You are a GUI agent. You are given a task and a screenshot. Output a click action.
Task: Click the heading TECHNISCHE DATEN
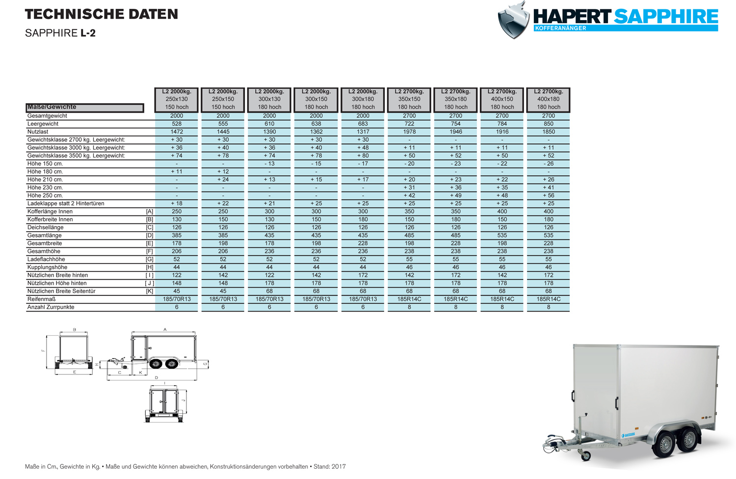(x=102, y=14)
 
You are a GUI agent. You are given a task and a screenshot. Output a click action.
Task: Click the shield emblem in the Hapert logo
(x=513, y=21)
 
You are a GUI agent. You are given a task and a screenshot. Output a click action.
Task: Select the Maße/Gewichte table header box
(x=84, y=107)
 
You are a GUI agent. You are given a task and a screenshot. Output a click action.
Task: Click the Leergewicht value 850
(x=548, y=124)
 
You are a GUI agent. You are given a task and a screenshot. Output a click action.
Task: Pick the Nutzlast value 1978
(x=409, y=132)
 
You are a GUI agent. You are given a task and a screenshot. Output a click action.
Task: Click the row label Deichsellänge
(x=46, y=228)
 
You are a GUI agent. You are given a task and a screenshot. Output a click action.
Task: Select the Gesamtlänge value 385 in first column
(x=177, y=236)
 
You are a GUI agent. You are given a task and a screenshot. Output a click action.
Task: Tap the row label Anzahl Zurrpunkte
(x=51, y=307)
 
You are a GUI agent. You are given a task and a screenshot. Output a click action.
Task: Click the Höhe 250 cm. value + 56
(x=548, y=196)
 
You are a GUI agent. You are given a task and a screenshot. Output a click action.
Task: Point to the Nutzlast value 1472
(x=177, y=132)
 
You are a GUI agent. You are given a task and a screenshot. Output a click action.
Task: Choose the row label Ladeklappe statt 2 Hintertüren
(x=66, y=204)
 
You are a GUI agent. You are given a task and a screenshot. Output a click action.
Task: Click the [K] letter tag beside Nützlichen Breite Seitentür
(x=149, y=292)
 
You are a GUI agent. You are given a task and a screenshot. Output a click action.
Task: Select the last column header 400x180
(x=548, y=99)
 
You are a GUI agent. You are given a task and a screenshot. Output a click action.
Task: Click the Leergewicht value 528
(x=177, y=124)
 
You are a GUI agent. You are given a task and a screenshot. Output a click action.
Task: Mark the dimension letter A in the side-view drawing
(x=165, y=329)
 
